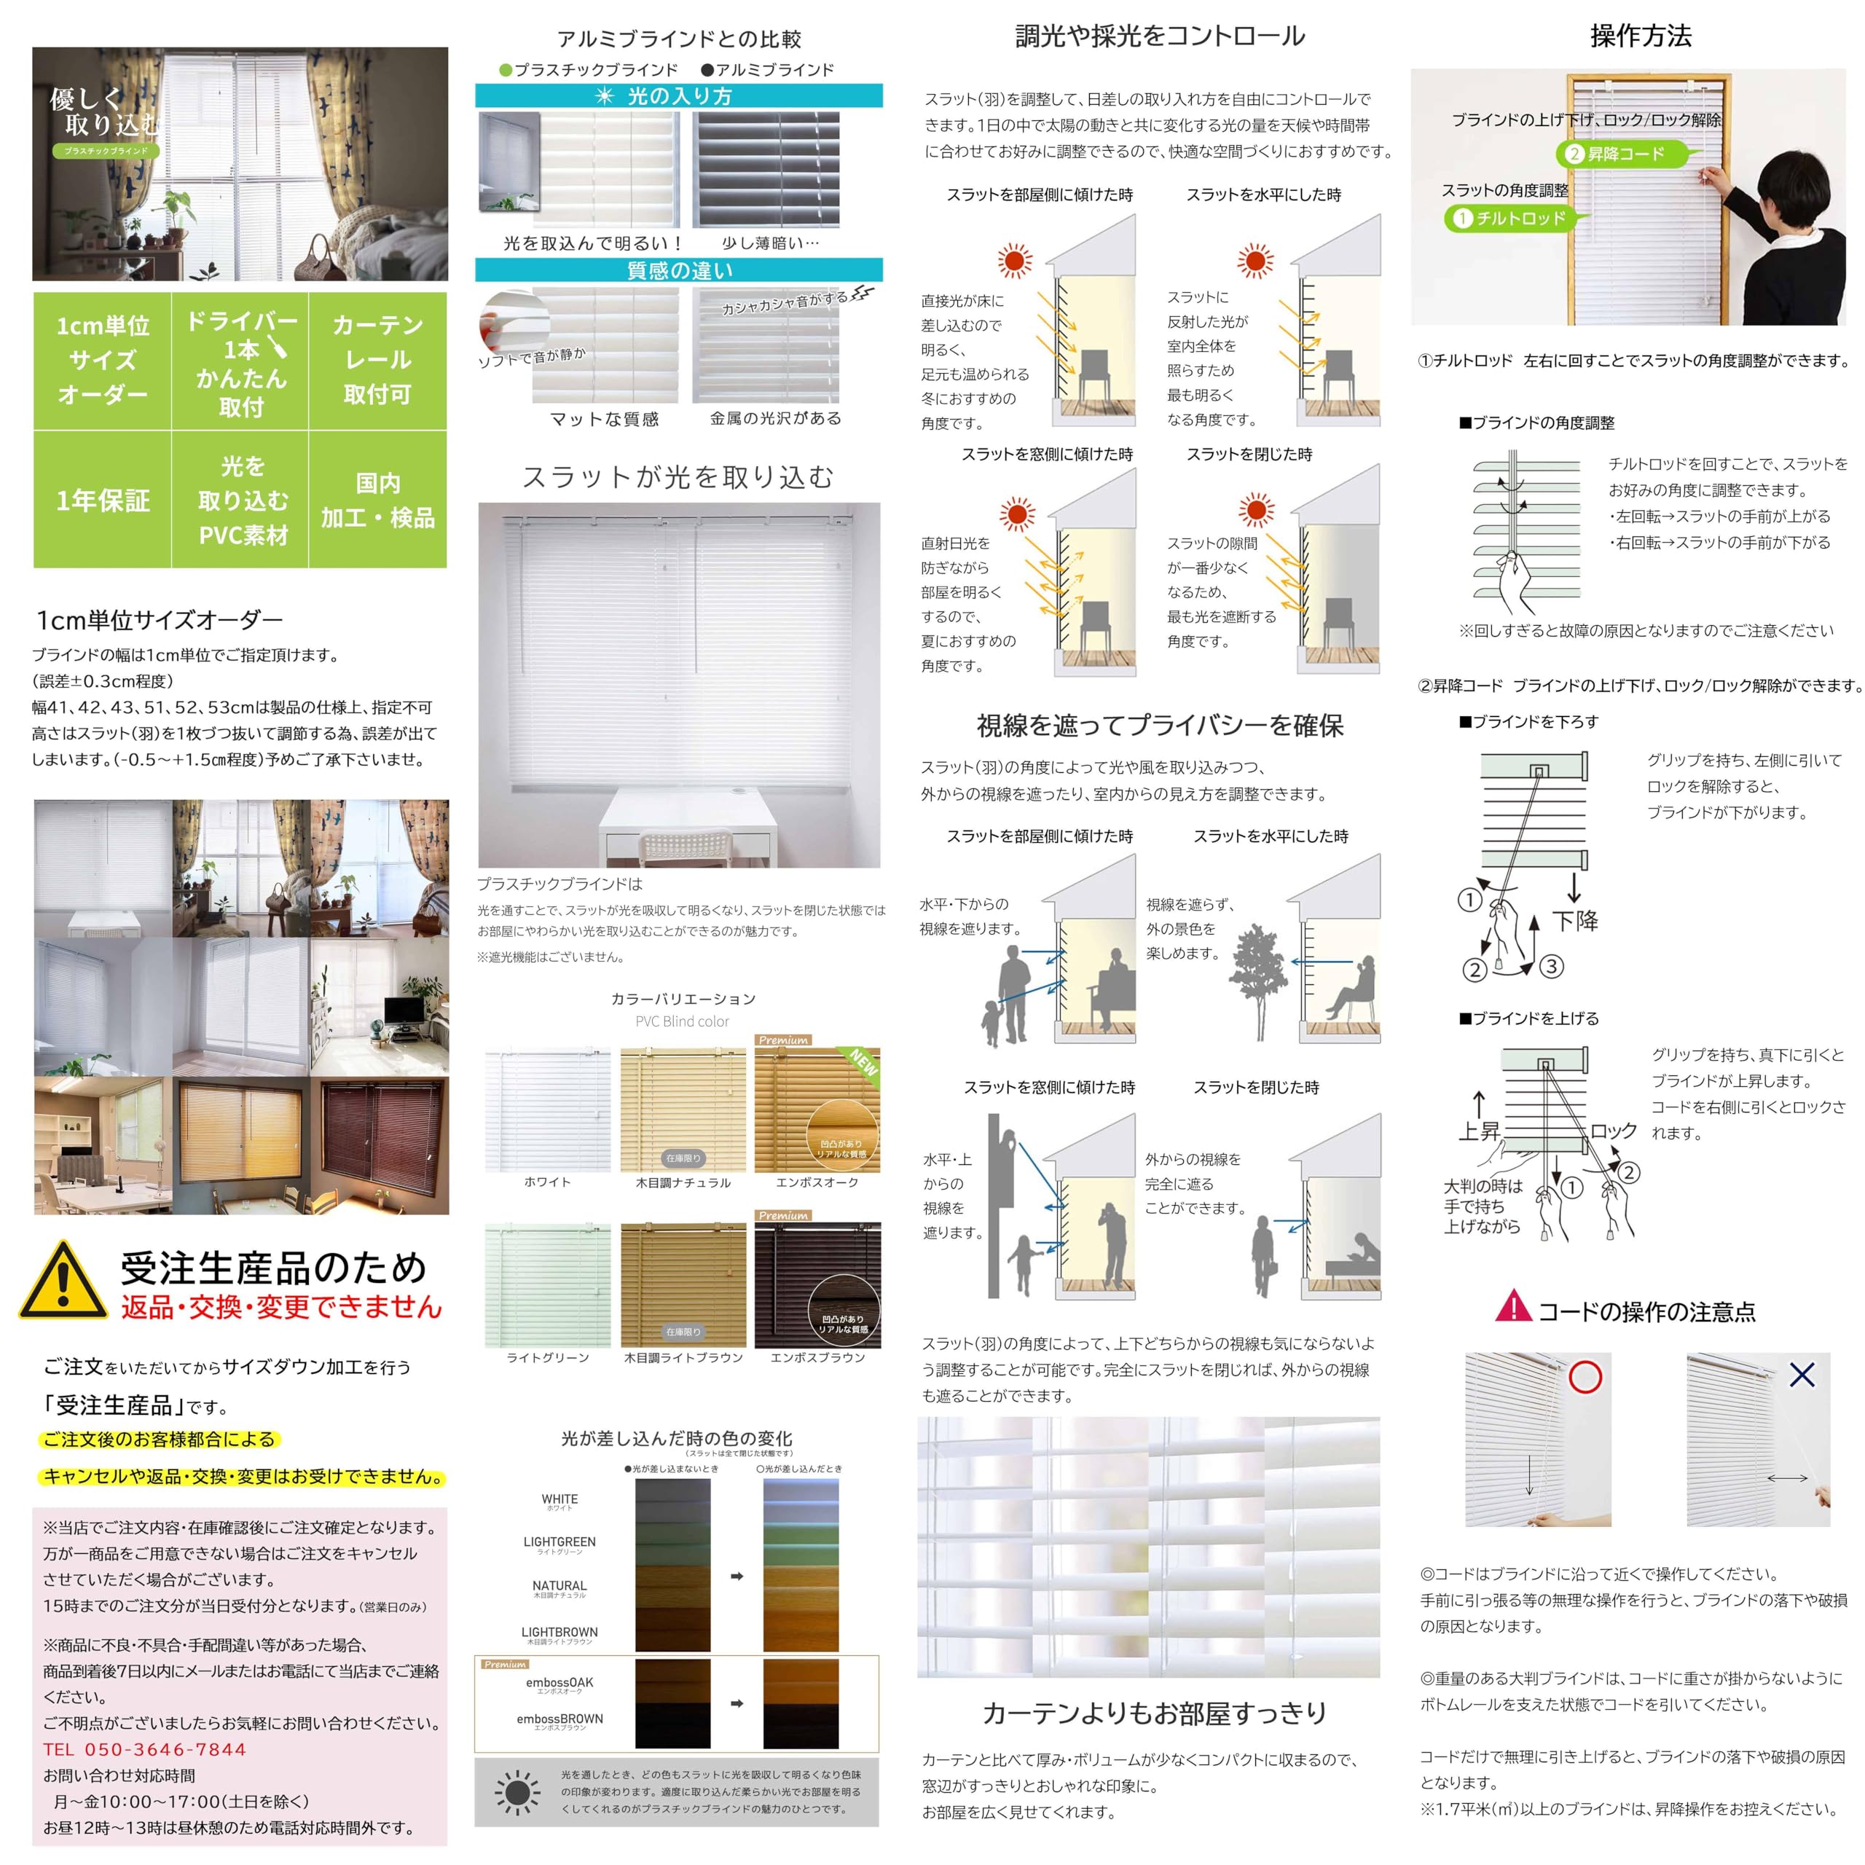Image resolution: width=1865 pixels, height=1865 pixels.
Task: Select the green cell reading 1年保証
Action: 102,500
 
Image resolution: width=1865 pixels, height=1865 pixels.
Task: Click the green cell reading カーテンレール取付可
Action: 377,360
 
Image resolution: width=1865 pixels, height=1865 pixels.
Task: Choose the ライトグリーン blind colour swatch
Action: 547,1285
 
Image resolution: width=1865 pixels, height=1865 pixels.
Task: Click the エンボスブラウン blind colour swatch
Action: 817,1285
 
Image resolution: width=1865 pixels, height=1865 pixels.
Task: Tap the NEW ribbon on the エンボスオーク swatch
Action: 862,1062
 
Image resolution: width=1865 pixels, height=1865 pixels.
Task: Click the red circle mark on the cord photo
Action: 1585,1377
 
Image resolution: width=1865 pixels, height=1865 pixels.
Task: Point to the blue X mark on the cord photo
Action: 1802,1374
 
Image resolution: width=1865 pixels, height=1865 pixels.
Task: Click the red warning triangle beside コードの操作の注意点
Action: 1512,1307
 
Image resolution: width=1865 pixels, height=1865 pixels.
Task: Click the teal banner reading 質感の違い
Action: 679,270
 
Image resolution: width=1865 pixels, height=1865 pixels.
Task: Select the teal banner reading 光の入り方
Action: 679,95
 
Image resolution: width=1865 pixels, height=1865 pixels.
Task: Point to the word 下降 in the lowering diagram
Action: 1575,921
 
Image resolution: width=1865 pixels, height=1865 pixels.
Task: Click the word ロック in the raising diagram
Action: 1613,1131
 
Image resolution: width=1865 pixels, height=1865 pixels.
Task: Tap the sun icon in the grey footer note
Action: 517,1794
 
